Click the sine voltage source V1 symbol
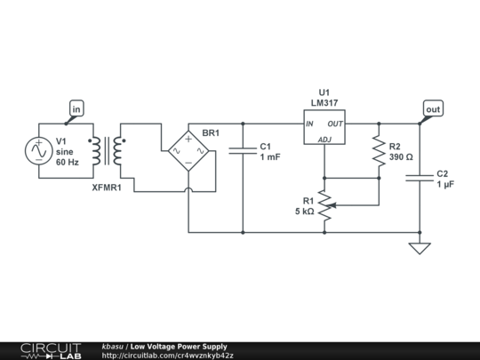pos(39,151)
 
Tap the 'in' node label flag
pos(76,109)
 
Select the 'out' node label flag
pos(433,109)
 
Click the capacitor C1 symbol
pos(242,151)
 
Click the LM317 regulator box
pos(324,131)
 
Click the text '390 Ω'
pos(402,157)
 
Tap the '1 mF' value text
pos(270,157)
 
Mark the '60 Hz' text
pos(68,163)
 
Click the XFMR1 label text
pos(107,188)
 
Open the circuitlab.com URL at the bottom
pos(168,355)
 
